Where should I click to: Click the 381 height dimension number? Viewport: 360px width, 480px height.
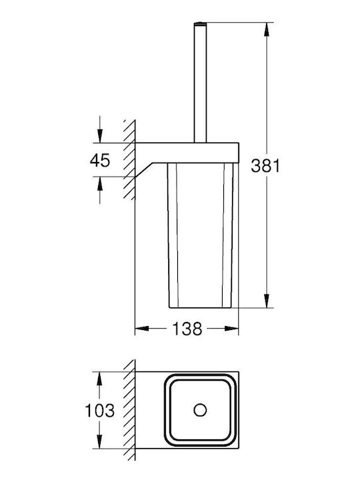click(265, 166)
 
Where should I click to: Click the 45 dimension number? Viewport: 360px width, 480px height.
click(100, 160)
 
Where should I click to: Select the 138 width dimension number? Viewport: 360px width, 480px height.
click(187, 329)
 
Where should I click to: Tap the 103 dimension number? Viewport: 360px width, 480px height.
click(100, 411)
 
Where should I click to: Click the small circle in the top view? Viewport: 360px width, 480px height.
click(200, 410)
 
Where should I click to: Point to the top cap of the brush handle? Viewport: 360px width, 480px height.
click(200, 23)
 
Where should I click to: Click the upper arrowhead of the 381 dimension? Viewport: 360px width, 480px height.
click(267, 30)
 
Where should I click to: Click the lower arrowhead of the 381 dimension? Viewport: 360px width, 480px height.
click(267, 301)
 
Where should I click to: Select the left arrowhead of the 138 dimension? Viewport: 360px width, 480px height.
click(142, 329)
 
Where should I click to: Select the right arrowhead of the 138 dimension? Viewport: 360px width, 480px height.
click(231, 329)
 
